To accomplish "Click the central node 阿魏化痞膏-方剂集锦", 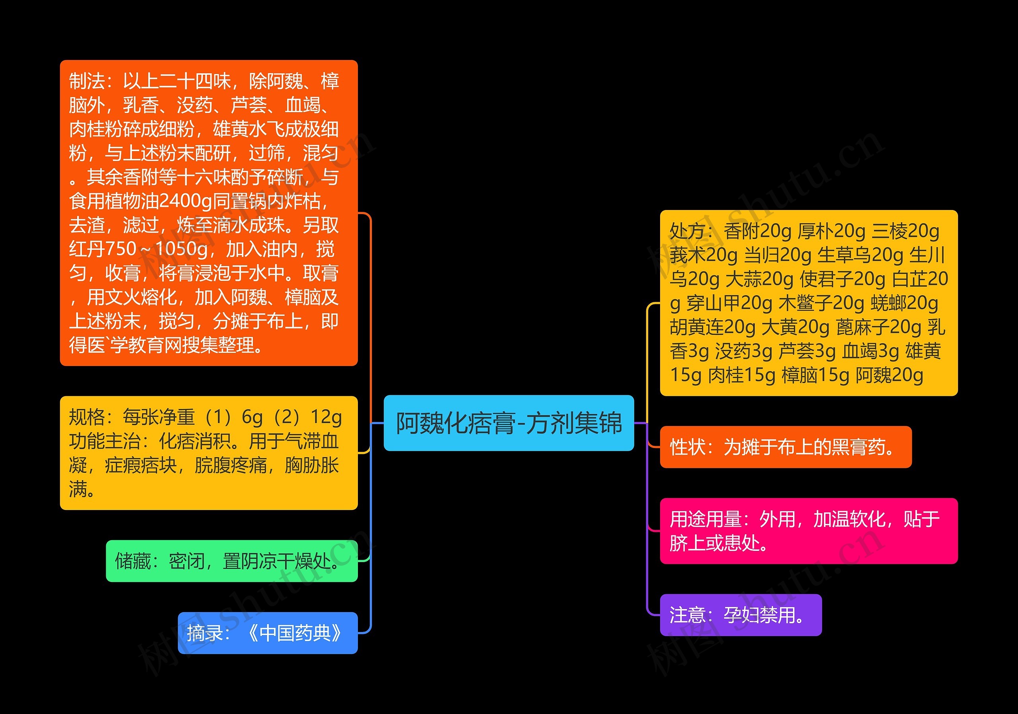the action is click(x=509, y=423).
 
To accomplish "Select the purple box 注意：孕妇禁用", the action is click(x=740, y=615).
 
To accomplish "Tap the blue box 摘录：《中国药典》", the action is click(x=267, y=633).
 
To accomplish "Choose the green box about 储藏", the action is click(x=231, y=561).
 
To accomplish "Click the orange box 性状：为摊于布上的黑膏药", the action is click(x=785, y=447).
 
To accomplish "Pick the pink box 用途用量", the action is click(x=808, y=531).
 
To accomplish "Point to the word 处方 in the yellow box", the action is click(x=687, y=231).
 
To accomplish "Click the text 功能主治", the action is click(x=105, y=441).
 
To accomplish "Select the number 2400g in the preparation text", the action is click(x=185, y=201).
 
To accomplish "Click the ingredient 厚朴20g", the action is click(x=831, y=231).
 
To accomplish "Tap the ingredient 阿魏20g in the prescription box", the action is click(x=889, y=375).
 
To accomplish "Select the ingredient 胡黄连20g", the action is click(x=713, y=327).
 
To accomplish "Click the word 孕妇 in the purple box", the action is click(x=741, y=615).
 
